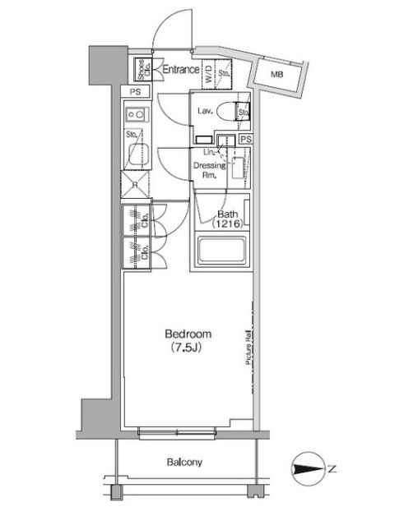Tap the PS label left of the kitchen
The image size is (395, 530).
point(132,93)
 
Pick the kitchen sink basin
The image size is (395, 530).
point(137,151)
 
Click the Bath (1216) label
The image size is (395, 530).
point(227,219)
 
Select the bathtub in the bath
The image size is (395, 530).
point(224,250)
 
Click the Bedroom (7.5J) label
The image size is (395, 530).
point(188,339)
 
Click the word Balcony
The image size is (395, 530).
point(186,463)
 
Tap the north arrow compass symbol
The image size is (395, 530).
point(306,470)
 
